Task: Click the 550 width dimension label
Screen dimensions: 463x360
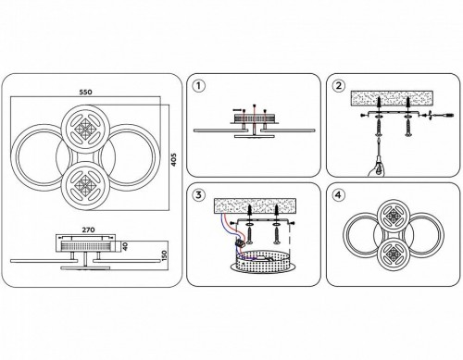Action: pyautogui.click(x=85, y=92)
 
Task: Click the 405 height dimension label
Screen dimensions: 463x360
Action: pyautogui.click(x=174, y=160)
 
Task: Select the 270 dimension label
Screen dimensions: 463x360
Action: pyautogui.click(x=88, y=230)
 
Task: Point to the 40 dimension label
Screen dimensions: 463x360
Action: pyautogui.click(x=125, y=246)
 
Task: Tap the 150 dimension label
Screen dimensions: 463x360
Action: pyautogui.click(x=164, y=256)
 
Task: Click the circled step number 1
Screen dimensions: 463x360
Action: pyautogui.click(x=198, y=86)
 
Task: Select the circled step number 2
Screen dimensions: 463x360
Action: pyautogui.click(x=339, y=86)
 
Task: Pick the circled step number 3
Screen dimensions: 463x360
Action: pyautogui.click(x=198, y=195)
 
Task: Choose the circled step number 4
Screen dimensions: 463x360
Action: pyautogui.click(x=339, y=195)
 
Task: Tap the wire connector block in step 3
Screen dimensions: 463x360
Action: pyautogui.click(x=239, y=242)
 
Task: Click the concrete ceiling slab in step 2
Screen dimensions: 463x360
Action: pyautogui.click(x=392, y=98)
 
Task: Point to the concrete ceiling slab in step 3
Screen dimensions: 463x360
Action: pyautogui.click(x=255, y=205)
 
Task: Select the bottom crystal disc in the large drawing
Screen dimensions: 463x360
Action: pyautogui.click(x=85, y=186)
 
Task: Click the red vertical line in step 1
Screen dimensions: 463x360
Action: pyautogui.click(x=254, y=120)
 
